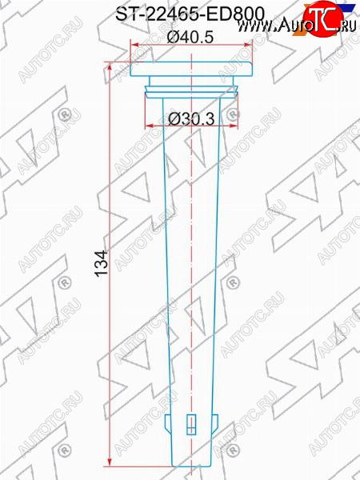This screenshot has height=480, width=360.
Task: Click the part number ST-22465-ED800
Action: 190,14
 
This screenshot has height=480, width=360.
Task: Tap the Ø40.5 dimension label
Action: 190,38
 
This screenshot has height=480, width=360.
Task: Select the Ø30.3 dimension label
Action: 191,118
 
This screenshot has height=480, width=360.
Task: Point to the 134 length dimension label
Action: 102,263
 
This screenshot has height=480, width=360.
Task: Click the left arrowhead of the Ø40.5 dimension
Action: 135,45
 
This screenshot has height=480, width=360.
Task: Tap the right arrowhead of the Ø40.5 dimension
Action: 248,45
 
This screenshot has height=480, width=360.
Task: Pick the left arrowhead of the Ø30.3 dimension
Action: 149,126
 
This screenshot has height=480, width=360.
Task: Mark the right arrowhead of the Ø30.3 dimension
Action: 234,126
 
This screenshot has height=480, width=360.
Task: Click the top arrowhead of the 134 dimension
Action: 110,66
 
